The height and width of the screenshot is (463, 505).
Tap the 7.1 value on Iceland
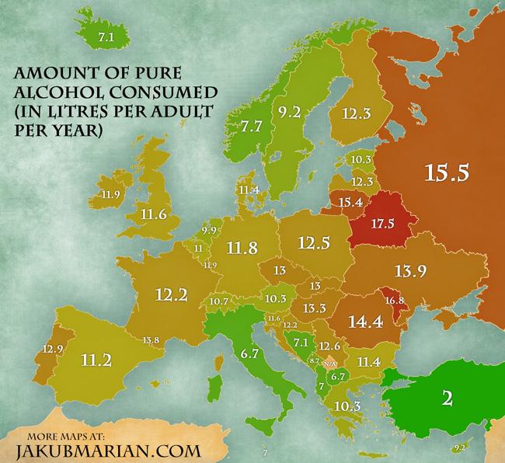point(104,35)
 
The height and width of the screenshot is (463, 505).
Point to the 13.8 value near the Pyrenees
point(152,339)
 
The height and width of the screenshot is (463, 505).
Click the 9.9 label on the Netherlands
point(208,231)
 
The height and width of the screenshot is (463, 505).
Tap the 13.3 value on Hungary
point(314,309)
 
